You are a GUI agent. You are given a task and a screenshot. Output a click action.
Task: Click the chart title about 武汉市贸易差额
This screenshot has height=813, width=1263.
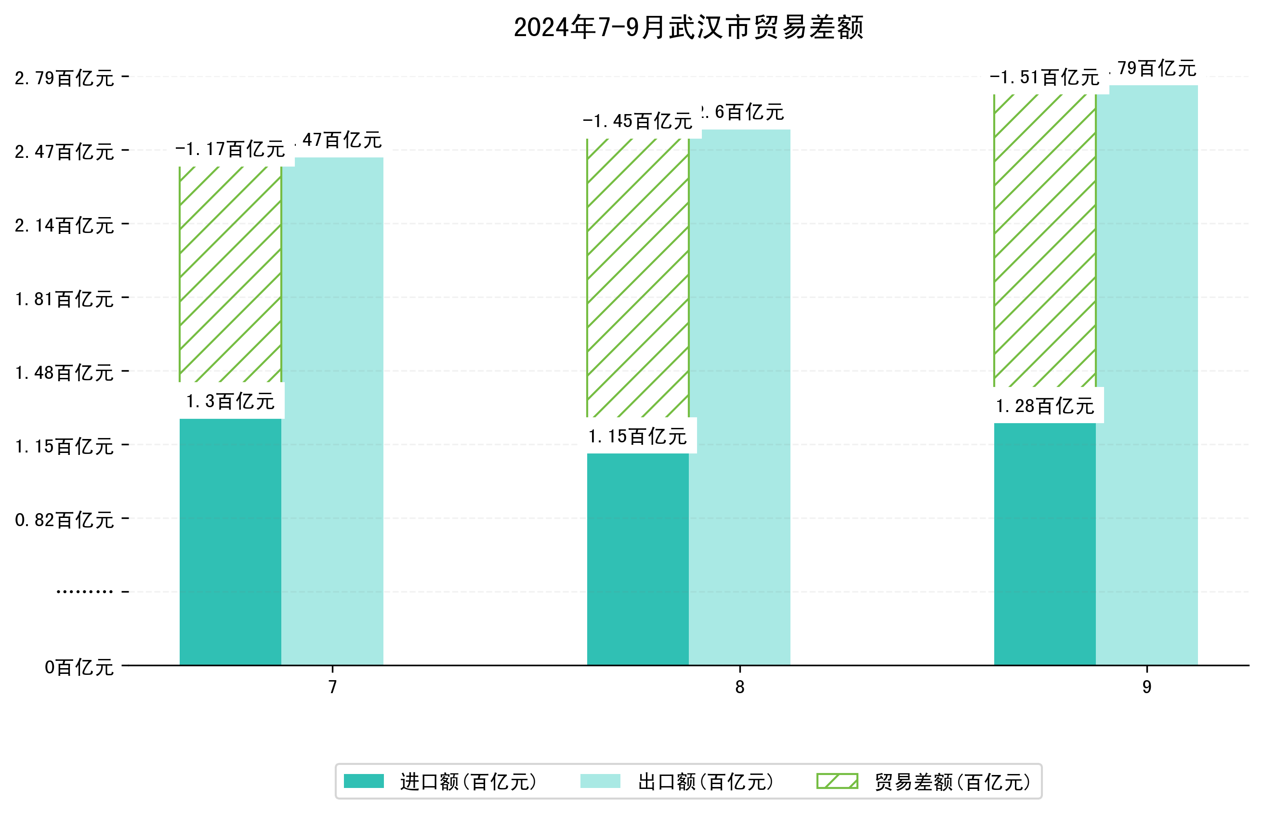pyautogui.click(x=688, y=27)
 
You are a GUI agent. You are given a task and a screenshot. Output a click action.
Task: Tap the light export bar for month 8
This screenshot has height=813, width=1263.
pyautogui.click(x=739, y=396)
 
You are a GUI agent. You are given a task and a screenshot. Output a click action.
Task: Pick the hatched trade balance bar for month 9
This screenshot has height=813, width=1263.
pyautogui.click(x=1044, y=240)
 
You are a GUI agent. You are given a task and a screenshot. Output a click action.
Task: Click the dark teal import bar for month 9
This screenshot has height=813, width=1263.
pyautogui.click(x=1044, y=544)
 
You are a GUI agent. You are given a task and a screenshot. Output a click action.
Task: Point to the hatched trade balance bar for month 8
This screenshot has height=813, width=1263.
pyautogui.click(x=638, y=277)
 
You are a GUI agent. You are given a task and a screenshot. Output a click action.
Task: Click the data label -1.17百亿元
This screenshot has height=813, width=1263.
pyautogui.click(x=230, y=149)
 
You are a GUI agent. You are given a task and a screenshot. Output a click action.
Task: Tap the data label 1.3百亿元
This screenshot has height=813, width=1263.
pyautogui.click(x=230, y=401)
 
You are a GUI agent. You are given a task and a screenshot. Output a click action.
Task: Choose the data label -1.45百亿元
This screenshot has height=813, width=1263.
pyautogui.click(x=638, y=121)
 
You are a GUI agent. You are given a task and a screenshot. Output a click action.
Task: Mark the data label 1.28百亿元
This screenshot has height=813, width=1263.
pyautogui.click(x=1044, y=406)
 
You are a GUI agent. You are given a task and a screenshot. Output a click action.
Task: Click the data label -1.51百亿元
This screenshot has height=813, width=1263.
pyautogui.click(x=1044, y=77)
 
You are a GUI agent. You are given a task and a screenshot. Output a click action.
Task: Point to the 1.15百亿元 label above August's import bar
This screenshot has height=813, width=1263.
pyautogui.click(x=638, y=436)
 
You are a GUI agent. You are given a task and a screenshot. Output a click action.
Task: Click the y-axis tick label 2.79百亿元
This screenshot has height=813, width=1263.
pyautogui.click(x=65, y=78)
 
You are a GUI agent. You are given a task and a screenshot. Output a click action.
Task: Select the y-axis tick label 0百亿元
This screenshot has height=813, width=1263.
pyautogui.click(x=79, y=667)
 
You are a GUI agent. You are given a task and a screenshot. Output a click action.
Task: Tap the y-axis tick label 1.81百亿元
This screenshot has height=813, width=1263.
pyautogui.click(x=65, y=299)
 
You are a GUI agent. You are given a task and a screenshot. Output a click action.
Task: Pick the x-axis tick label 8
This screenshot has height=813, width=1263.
pyautogui.click(x=739, y=687)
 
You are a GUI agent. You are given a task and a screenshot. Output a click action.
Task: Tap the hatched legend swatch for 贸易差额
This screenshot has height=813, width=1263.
pyautogui.click(x=837, y=781)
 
